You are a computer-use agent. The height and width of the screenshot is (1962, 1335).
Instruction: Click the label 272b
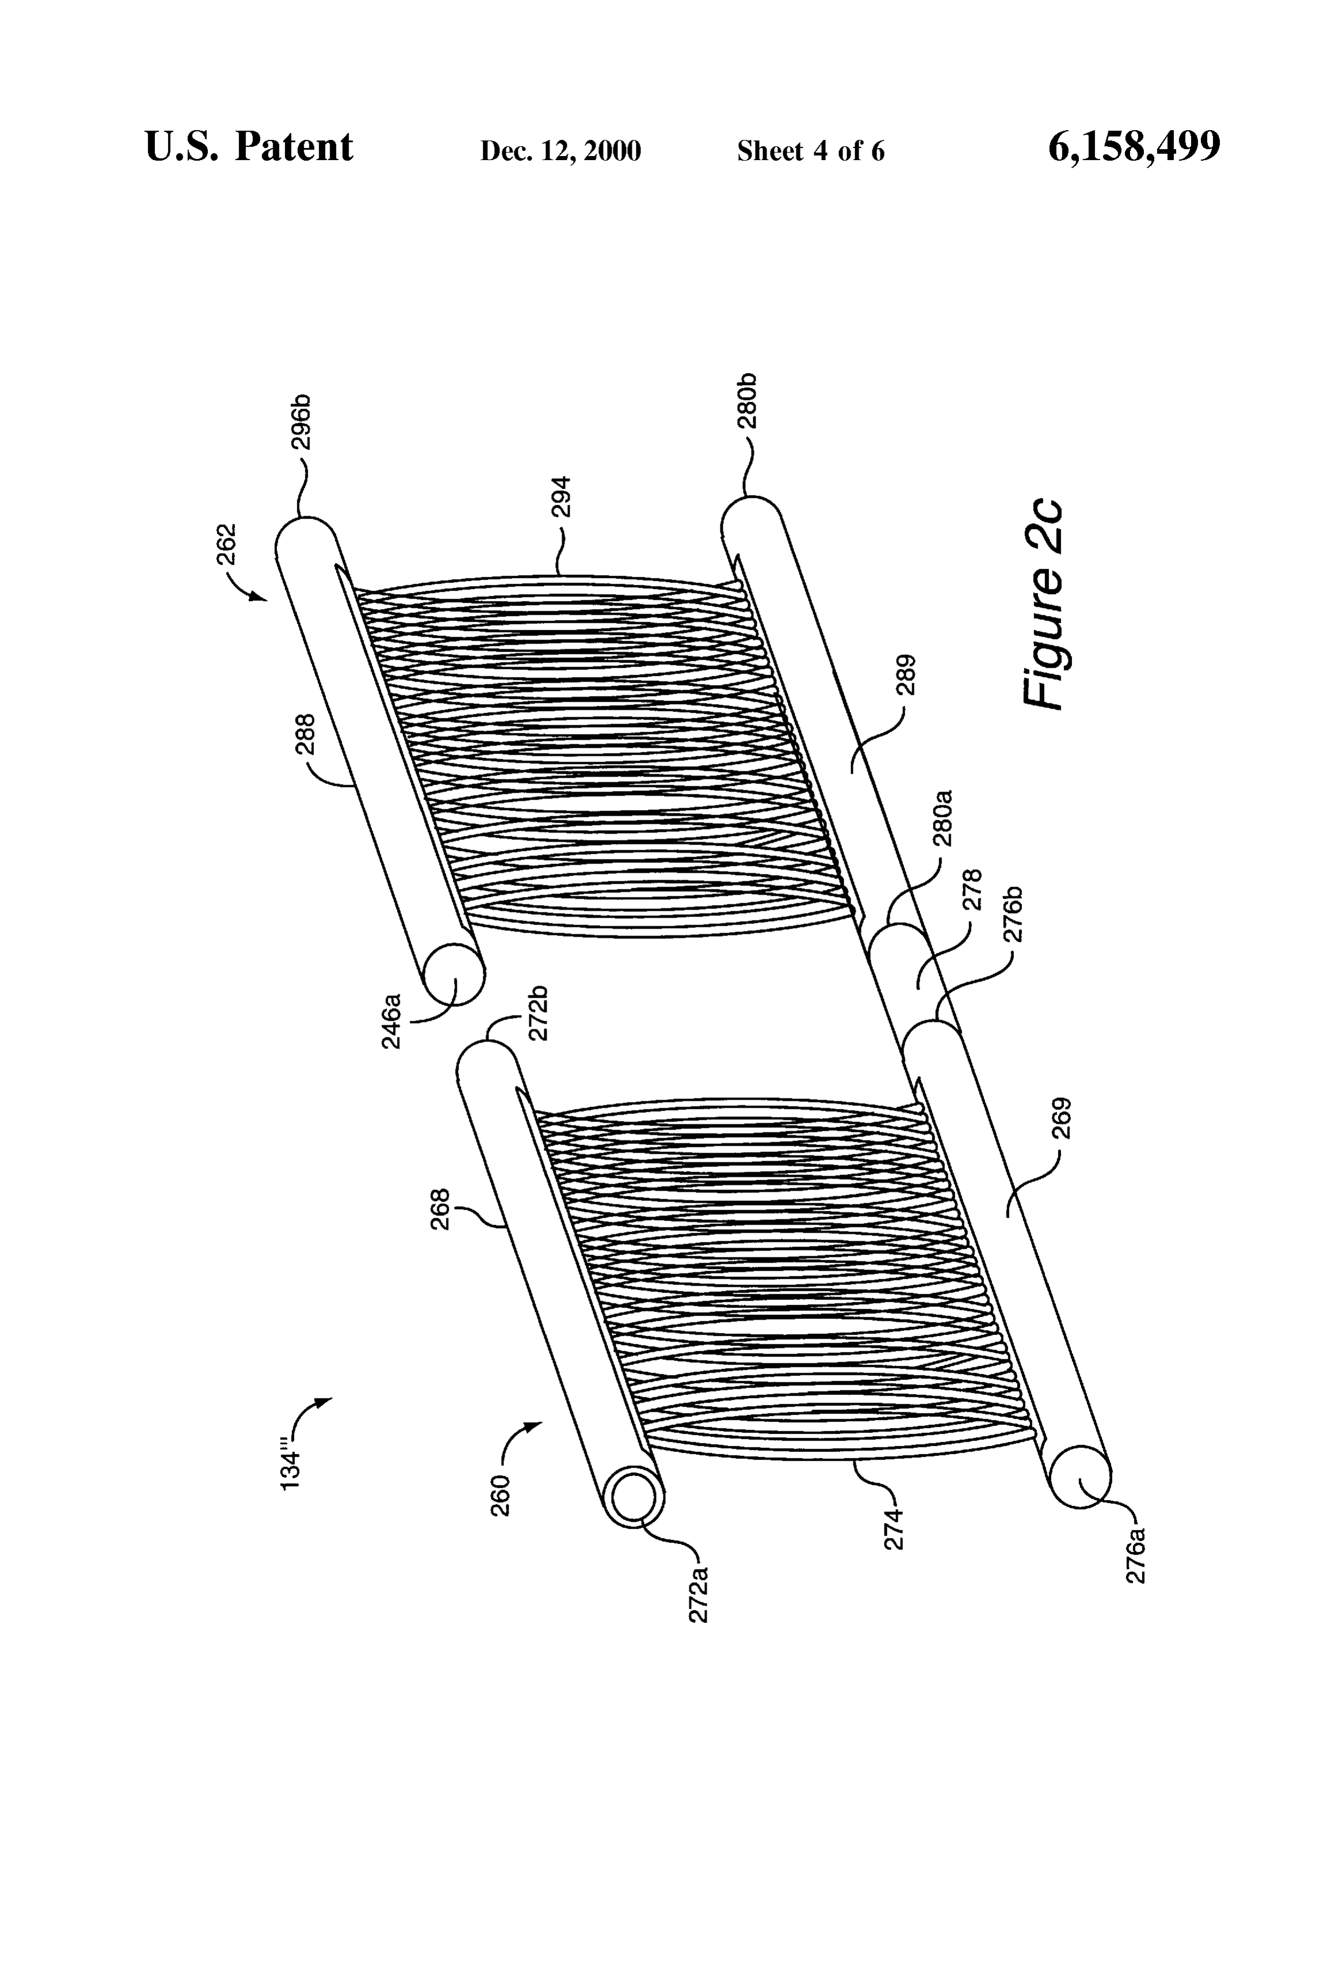click(539, 1012)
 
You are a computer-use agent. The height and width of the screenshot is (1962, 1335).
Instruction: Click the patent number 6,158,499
click(1134, 147)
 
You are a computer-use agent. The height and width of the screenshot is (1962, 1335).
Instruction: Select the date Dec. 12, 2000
click(560, 151)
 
